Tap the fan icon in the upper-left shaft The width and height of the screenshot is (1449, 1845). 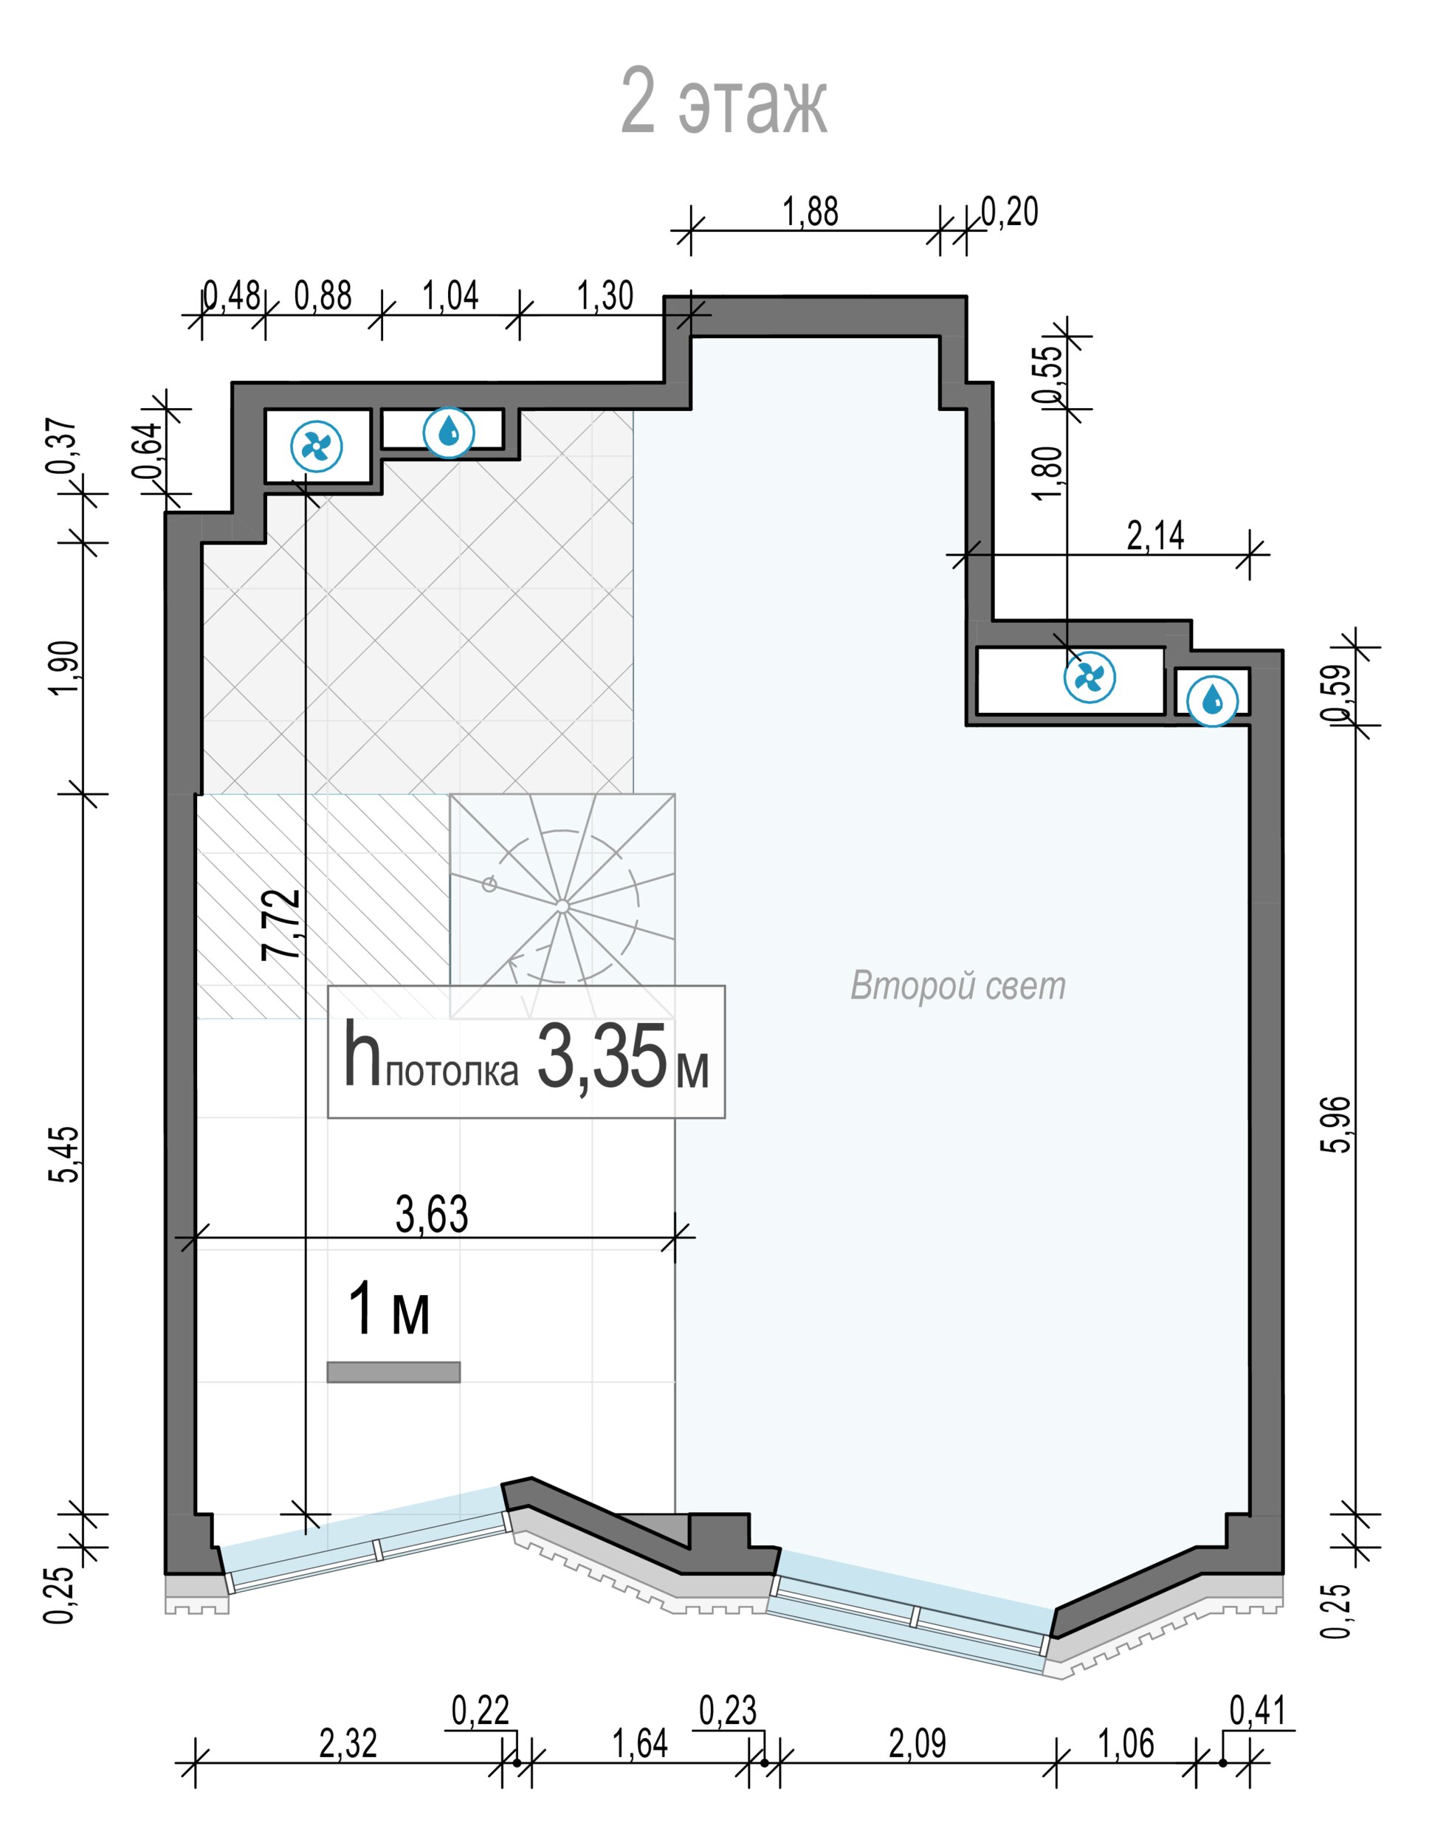317,446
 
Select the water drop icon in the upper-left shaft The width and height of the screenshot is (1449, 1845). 449,432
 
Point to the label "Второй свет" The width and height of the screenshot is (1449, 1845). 958,986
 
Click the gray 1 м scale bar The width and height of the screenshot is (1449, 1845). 393,1373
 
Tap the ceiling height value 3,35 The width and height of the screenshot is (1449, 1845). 602,1058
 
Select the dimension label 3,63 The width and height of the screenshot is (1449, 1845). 432,1215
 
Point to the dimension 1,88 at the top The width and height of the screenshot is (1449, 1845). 810,211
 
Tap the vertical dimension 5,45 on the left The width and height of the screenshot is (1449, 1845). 64,1154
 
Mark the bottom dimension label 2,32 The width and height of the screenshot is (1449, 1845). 348,1744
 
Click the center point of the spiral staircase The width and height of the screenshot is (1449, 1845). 562,907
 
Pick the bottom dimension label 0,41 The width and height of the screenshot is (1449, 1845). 1258,1711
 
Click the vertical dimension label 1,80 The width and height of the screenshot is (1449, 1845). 1049,473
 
